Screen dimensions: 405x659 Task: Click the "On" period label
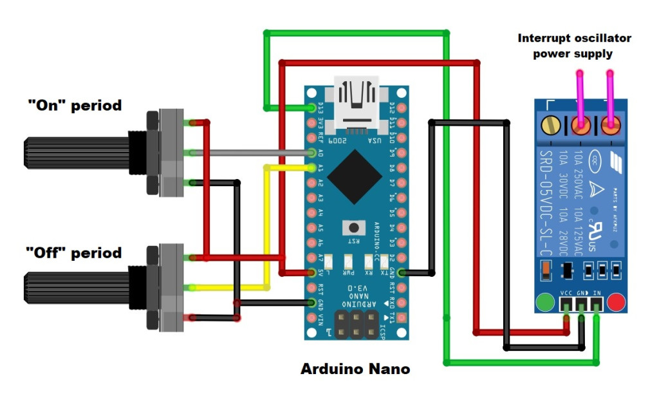[74, 105]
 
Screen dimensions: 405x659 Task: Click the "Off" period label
[74, 252]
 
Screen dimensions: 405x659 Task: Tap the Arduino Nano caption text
[355, 370]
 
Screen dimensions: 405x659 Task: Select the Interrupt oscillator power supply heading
[574, 46]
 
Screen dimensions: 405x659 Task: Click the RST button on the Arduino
[353, 227]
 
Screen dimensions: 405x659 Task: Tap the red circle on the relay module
[617, 301]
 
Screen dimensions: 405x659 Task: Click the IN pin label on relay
[597, 292]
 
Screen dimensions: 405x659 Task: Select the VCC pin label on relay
[567, 292]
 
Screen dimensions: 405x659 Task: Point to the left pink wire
[580, 97]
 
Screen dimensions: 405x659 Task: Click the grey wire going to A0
[251, 153]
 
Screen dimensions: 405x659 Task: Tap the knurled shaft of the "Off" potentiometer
[77, 288]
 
